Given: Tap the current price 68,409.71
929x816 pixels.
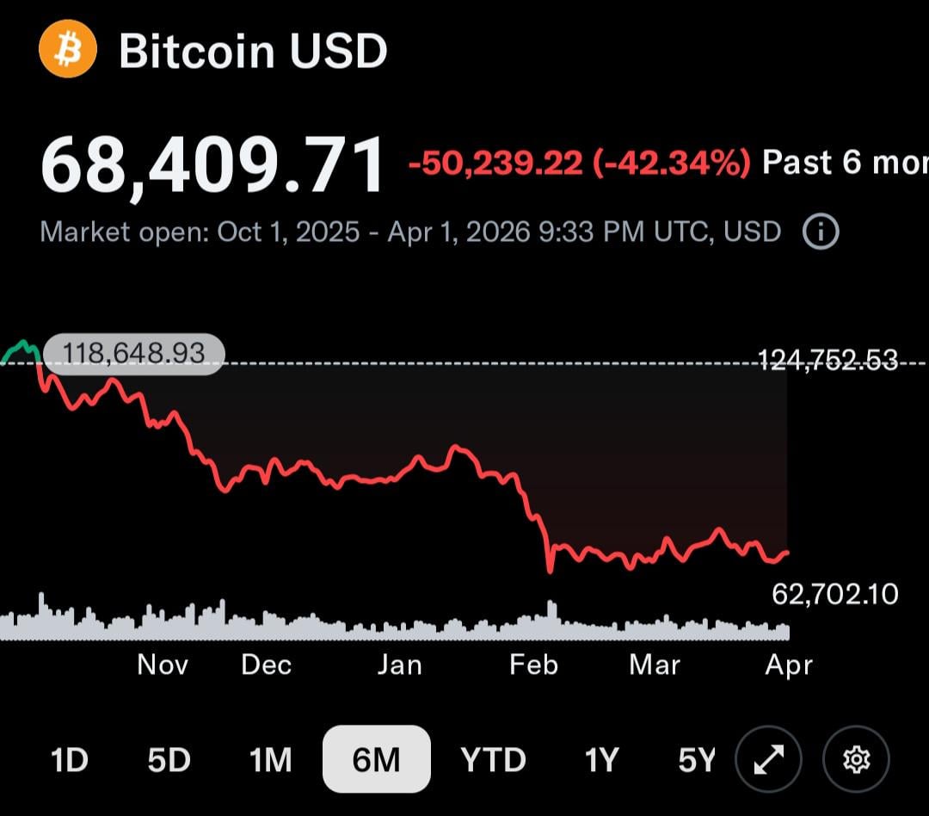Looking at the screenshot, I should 214,164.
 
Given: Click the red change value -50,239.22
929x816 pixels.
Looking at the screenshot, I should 495,163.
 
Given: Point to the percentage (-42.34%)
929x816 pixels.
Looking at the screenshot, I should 672,163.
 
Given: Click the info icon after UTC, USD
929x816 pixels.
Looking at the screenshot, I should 820,232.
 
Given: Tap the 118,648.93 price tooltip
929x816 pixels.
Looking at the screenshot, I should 133,353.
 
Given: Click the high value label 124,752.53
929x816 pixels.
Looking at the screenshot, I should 827,360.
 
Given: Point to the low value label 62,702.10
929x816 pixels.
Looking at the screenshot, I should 835,593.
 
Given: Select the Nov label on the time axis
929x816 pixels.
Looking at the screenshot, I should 163,665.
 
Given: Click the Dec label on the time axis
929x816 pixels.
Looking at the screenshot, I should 267,665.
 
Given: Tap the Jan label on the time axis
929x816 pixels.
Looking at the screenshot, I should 400,665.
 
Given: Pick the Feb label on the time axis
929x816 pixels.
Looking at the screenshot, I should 533,665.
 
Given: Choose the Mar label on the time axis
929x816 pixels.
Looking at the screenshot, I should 655,665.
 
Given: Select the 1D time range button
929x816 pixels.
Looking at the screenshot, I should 70,760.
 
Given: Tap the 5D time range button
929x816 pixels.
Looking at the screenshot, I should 169,760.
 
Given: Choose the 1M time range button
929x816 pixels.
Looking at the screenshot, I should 270,760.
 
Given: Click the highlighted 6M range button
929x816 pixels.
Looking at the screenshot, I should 377,759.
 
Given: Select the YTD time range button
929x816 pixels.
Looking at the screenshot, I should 493,760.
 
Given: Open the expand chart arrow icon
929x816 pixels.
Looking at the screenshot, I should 769,759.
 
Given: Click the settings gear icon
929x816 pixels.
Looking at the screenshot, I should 856,759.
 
